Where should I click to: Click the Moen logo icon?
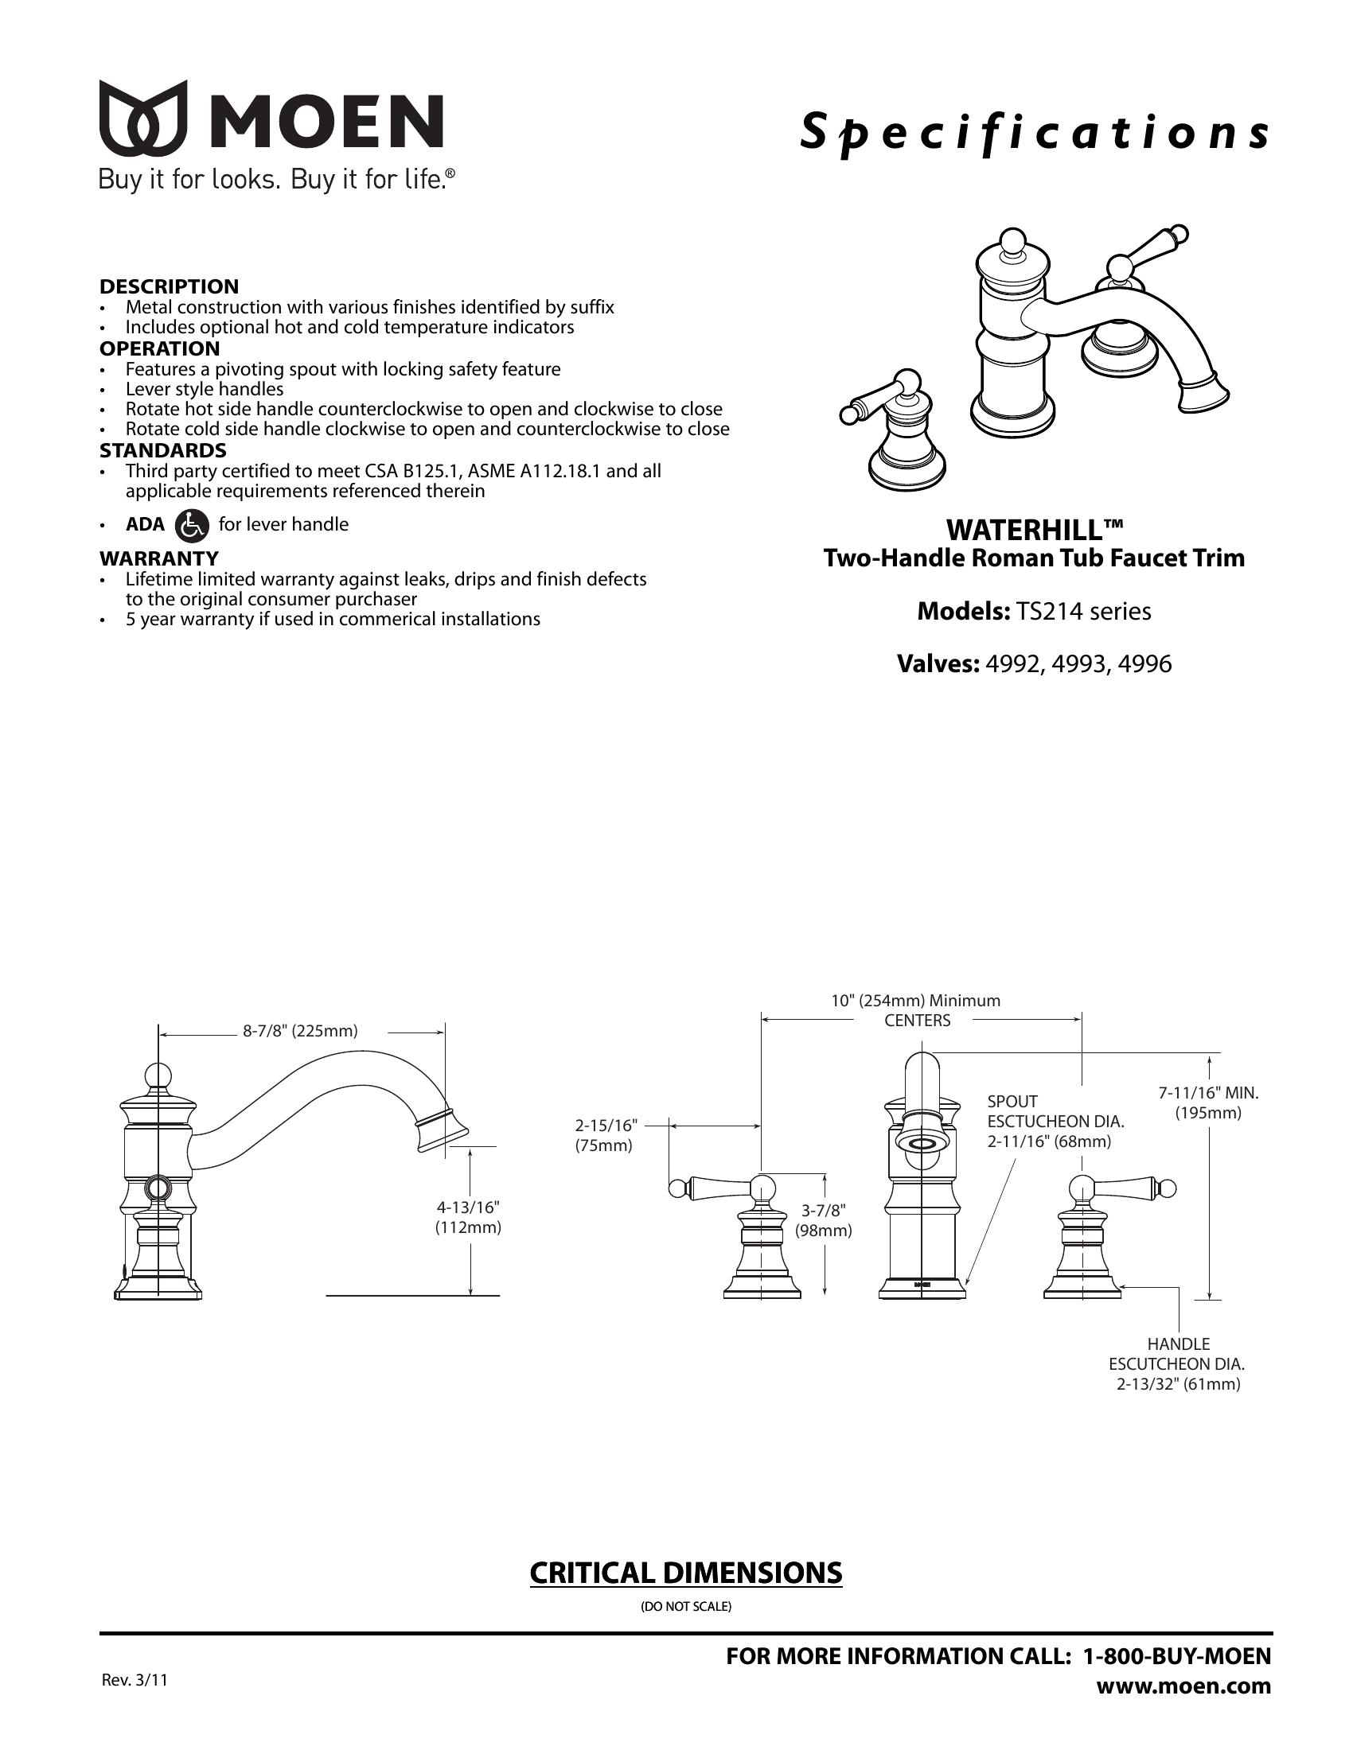142,118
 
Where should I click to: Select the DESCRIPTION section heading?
169,286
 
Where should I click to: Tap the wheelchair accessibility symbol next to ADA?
191,525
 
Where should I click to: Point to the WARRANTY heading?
158,558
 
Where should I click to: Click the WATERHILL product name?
1034,530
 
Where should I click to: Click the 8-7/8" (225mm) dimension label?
300,1030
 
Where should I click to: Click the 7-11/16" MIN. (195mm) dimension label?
1208,1102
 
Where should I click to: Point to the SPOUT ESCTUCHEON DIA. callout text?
1048,1121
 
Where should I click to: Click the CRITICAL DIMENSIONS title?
685,1573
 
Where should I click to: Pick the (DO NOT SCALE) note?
685,1607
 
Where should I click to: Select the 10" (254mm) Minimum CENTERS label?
917,1009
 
